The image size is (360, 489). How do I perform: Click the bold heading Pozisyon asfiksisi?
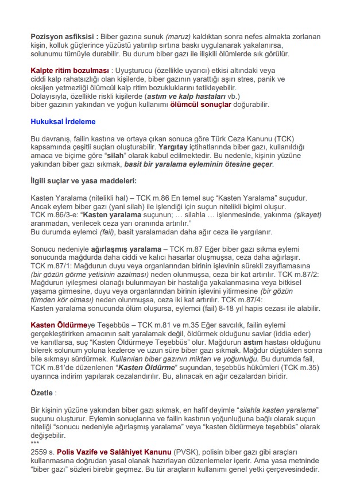[63, 36]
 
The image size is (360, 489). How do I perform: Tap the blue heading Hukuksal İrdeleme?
[63, 122]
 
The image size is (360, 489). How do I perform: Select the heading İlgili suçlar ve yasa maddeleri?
[83, 181]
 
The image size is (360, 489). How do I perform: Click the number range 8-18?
[225, 309]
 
